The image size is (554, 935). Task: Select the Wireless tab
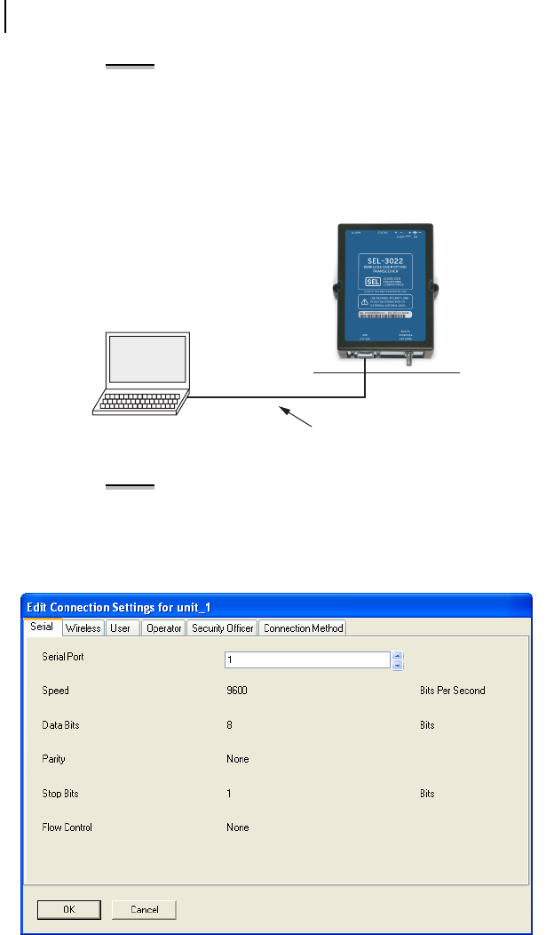[83, 628]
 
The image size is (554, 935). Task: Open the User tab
[119, 628]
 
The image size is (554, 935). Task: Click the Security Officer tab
[222, 628]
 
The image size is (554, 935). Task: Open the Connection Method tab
[303, 628]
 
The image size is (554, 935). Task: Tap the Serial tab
[42, 627]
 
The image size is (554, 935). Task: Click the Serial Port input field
[307, 660]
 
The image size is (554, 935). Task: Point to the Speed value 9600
[236, 691]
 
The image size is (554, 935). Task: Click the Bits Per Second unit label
[452, 691]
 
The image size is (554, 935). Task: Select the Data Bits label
[60, 725]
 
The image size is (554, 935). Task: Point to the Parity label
[53, 760]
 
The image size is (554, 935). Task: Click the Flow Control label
[67, 827]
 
